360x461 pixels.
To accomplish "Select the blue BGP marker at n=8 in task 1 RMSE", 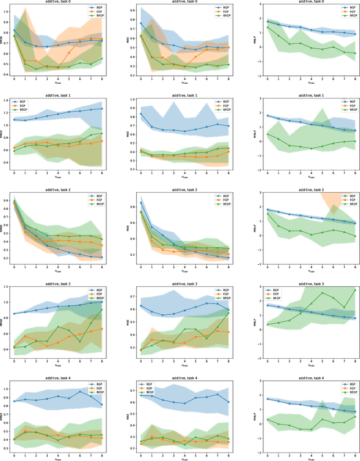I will tap(101, 109).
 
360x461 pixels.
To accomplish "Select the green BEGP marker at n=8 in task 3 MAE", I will tap(228, 312).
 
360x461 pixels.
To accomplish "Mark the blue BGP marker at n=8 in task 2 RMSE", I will tap(101, 257).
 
